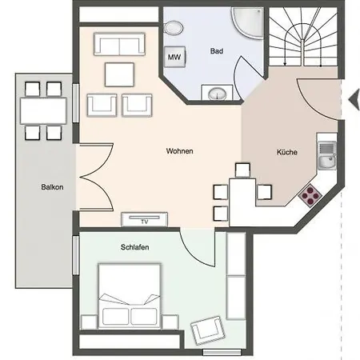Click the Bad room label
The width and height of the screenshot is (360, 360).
(x=217, y=51)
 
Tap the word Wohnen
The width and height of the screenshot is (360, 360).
(x=179, y=151)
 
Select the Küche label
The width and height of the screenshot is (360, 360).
(x=287, y=152)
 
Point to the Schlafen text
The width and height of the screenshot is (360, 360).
(x=134, y=247)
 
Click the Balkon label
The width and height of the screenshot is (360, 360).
(x=52, y=187)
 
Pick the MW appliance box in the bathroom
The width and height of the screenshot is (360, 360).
(x=174, y=57)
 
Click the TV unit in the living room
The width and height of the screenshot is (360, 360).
(x=145, y=219)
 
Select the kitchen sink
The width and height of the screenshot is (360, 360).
(x=327, y=155)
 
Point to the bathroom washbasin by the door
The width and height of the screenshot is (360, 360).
(x=218, y=93)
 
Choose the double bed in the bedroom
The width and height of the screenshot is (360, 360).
(x=130, y=296)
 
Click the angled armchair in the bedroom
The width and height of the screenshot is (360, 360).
(x=208, y=330)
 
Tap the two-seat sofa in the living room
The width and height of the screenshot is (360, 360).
(x=119, y=44)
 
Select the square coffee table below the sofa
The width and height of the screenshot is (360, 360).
(x=119, y=74)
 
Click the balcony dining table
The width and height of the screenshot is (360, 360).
(x=43, y=110)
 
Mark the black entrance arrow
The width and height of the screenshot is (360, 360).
(x=354, y=100)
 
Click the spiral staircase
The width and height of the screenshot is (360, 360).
(x=302, y=37)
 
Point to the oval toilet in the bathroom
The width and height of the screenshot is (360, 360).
(x=174, y=27)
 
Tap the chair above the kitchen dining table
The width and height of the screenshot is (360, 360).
(x=242, y=170)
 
